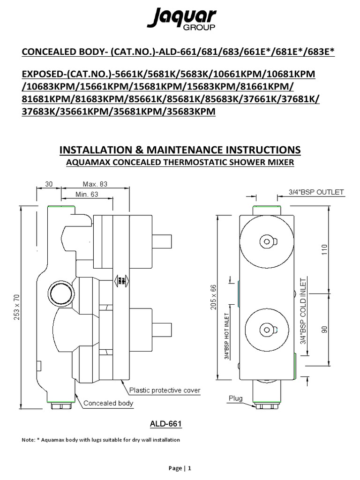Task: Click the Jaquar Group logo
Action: click(x=182, y=20)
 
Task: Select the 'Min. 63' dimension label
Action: click(x=87, y=195)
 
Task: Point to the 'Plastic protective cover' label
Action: click(x=165, y=390)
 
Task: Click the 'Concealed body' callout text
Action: click(x=108, y=403)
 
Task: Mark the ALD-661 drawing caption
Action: click(x=165, y=424)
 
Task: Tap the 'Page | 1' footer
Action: click(x=180, y=468)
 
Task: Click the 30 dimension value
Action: click(x=49, y=184)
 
